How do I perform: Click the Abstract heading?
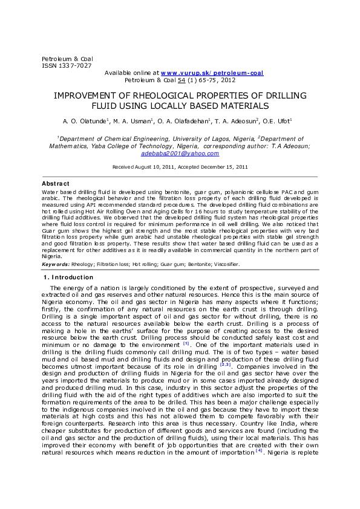pos(55,183)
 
